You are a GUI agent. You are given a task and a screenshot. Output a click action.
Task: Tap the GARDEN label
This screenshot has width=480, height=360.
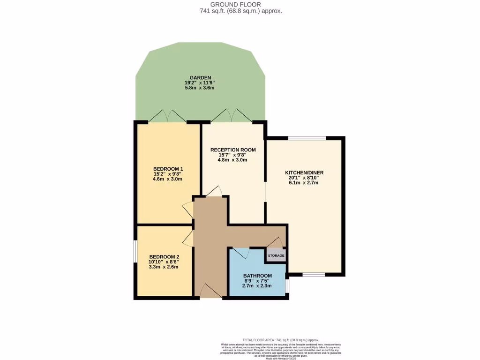pyautogui.click(x=200, y=77)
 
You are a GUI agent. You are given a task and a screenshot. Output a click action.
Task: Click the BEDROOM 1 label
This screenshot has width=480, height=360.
pyautogui.click(x=168, y=169)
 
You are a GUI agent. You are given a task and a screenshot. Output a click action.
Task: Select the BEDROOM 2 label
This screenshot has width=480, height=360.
pyautogui.click(x=164, y=257)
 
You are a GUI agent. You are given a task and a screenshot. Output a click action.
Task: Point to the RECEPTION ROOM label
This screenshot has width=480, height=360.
pyautogui.click(x=233, y=150)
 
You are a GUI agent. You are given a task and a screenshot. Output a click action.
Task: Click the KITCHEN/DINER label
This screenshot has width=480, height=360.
pyautogui.click(x=304, y=172)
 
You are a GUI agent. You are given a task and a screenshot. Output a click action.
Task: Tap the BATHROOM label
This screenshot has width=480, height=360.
pyautogui.click(x=257, y=276)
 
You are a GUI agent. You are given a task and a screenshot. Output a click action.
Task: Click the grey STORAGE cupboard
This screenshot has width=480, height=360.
pyautogui.click(x=276, y=255)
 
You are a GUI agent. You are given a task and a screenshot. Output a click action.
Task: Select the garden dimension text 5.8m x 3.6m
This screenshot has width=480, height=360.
pyautogui.click(x=200, y=88)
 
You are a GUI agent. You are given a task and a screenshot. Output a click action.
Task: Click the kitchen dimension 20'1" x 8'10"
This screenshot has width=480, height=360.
pyautogui.click(x=304, y=178)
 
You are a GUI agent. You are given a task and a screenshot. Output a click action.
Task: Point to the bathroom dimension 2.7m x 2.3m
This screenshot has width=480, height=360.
pyautogui.click(x=257, y=286)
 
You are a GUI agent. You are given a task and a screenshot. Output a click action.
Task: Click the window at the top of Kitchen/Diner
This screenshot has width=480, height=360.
pyautogui.click(x=307, y=138)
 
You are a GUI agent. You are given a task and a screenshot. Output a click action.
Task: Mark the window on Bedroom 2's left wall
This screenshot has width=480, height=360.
pyautogui.click(x=135, y=252)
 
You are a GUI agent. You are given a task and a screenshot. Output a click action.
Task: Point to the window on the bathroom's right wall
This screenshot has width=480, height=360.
pyautogui.click(x=287, y=285)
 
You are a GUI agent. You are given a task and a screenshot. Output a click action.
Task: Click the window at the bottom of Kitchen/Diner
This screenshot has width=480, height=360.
pyautogui.click(x=314, y=274)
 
